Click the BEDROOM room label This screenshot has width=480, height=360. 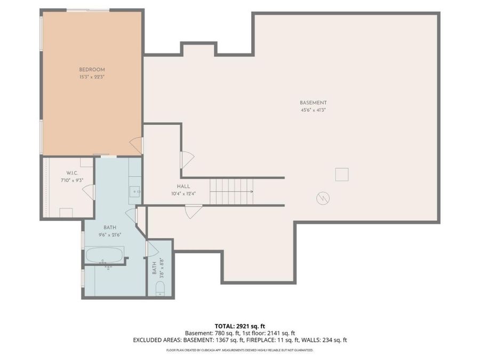pos(92,69)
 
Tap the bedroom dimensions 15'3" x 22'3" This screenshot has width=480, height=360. pos(92,77)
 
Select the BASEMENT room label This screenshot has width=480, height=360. pos(313,103)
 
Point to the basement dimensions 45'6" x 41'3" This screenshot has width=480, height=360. pos(313,110)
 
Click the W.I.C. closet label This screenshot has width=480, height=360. pos(72,173)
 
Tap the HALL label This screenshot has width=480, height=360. pos(183,186)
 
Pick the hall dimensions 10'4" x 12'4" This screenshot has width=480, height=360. pos(183,194)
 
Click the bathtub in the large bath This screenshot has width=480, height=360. pos(104,255)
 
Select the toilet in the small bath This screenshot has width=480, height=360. pos(160,289)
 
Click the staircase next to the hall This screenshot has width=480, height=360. pos(231,191)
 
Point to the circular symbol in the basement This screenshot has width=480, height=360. pos(323,198)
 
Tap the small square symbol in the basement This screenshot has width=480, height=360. pos(342,174)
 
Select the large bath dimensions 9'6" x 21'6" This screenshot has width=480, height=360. pos(110,235)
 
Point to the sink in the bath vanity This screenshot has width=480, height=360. pos(135,191)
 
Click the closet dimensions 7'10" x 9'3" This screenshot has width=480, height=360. pos(72,181)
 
